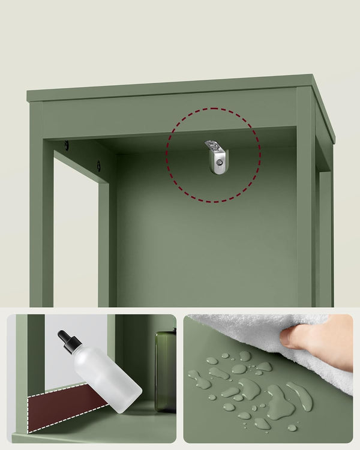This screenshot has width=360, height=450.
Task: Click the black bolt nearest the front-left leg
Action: point(65,145)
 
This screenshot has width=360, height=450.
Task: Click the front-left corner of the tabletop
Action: point(29,96)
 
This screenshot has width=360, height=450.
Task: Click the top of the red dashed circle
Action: point(214,109)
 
